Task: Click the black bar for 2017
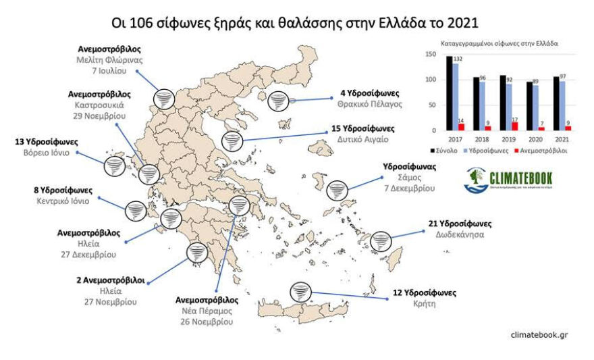coord(450,93)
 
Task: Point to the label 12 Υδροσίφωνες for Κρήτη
coord(425,292)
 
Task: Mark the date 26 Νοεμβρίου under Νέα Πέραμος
coord(204,322)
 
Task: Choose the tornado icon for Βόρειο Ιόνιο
coord(113,165)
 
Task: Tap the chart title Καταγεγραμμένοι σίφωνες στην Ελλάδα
coord(500,45)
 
